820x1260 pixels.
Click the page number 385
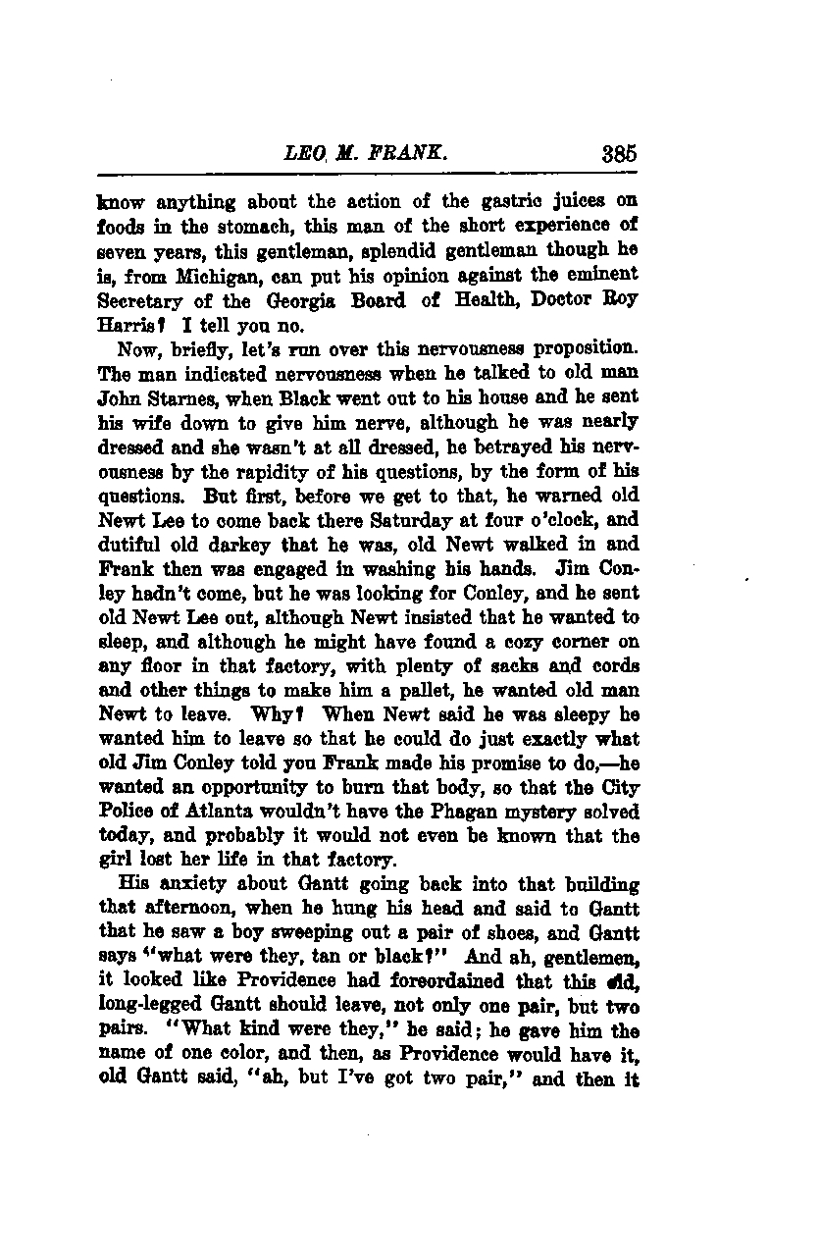coord(620,153)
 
